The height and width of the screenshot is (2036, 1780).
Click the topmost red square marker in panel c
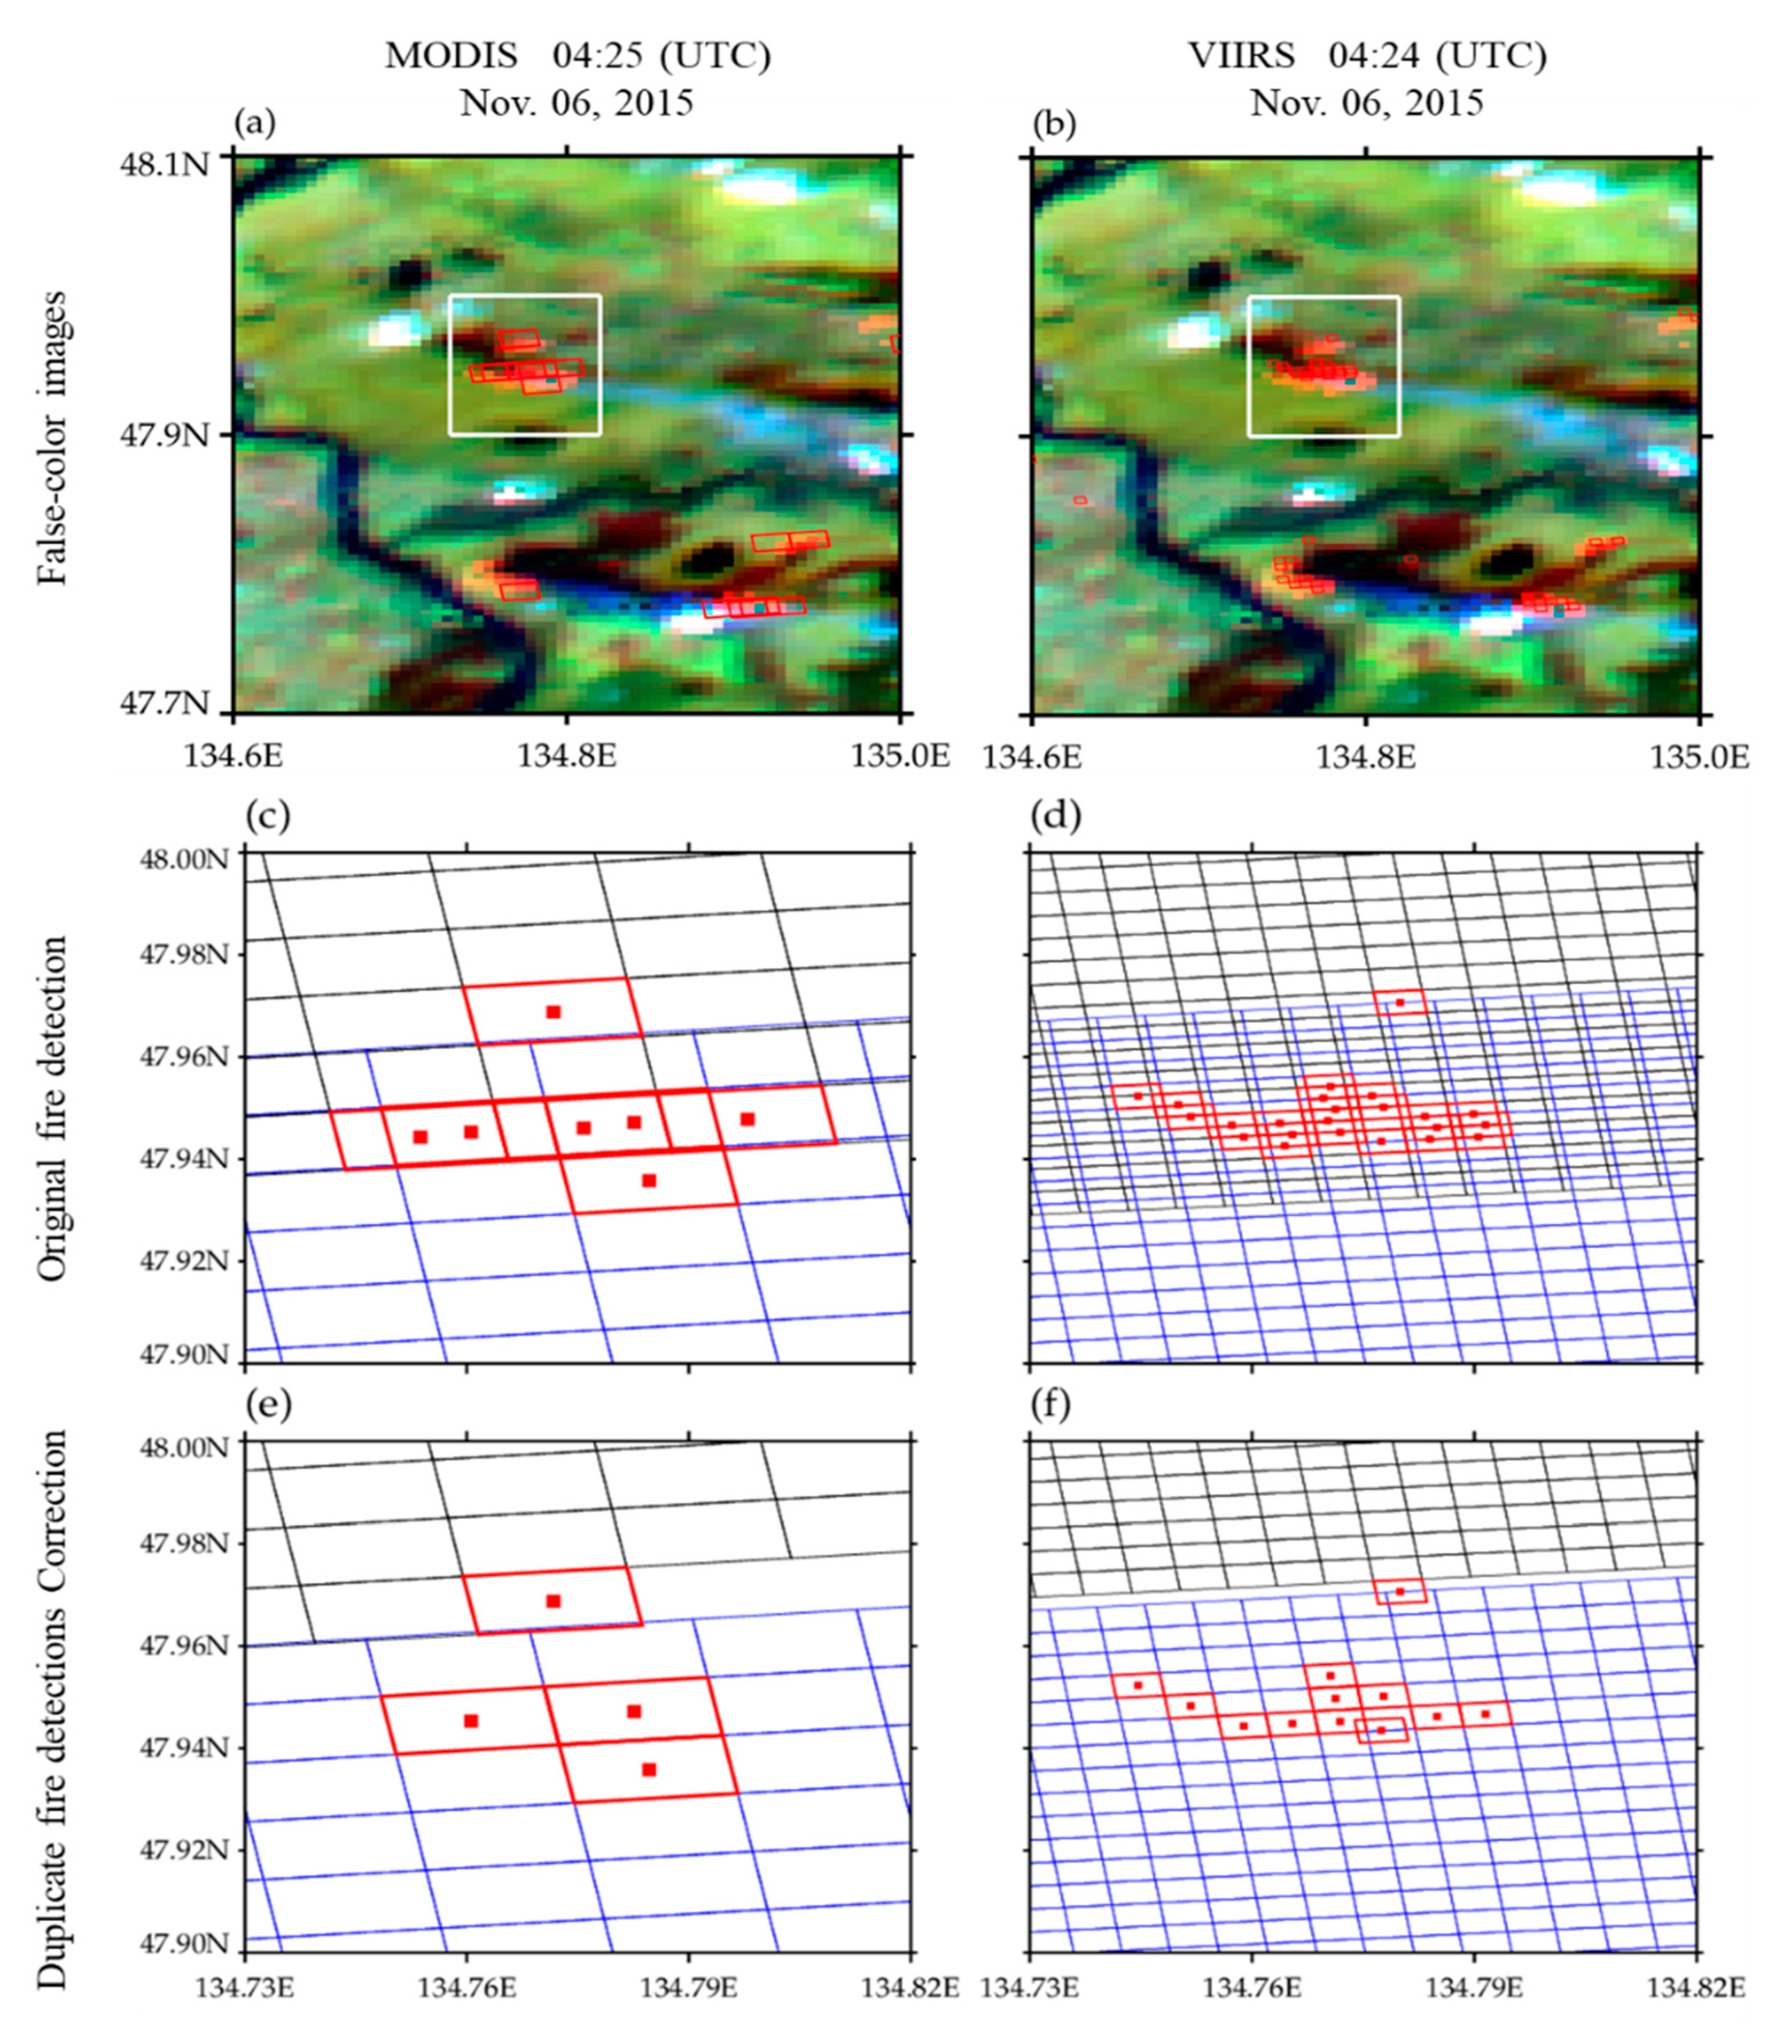click(553, 1011)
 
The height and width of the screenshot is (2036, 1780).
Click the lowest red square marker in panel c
click(649, 1180)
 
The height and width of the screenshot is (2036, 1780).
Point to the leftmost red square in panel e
click(471, 1720)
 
